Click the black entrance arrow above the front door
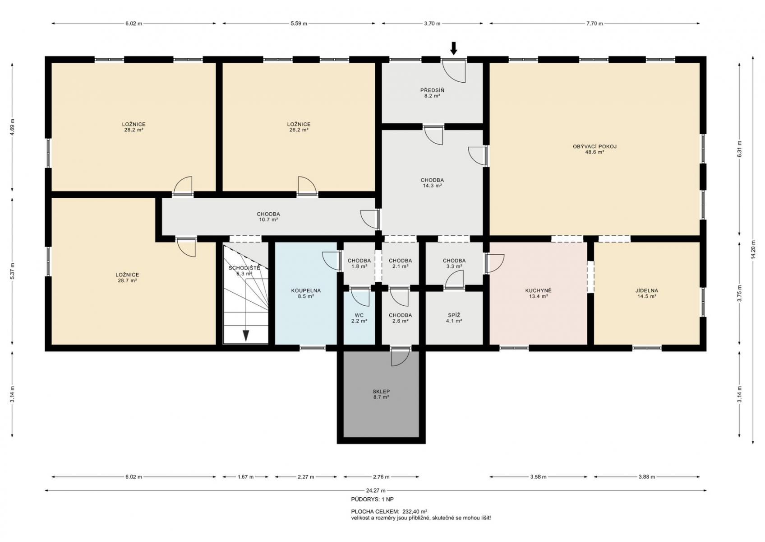453,48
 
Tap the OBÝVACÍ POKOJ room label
594,146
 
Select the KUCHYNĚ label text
538,291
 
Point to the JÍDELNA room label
646,291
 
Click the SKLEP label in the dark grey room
381,392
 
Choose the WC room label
359,315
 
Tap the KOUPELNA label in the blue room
306,291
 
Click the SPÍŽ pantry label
454,315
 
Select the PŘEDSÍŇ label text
432,90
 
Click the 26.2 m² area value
299,130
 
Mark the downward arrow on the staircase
245,336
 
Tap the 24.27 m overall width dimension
376,491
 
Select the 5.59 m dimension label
299,23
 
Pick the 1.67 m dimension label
245,477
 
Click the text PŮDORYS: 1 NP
372,500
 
